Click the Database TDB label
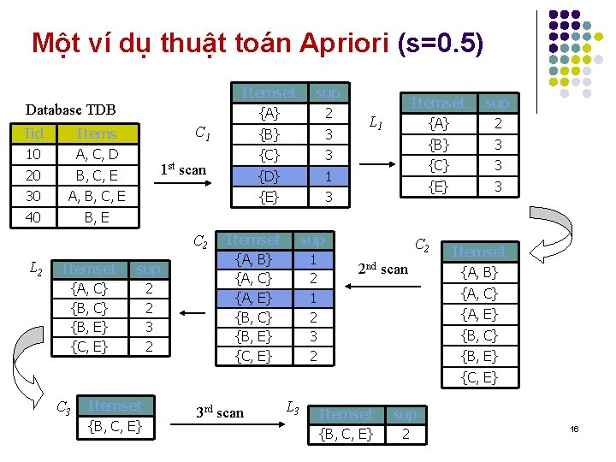70,110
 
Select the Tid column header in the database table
35,133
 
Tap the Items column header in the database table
96,133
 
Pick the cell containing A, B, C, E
96,196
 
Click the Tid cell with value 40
35,216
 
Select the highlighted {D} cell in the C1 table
269,176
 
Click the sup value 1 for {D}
328,176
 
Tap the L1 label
375,124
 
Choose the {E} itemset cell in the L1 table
439,186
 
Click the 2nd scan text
383,269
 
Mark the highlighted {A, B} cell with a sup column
253,258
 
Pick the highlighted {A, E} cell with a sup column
253,298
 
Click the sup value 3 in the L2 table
149,327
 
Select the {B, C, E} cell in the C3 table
115,426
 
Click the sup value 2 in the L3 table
405,435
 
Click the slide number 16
575,428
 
